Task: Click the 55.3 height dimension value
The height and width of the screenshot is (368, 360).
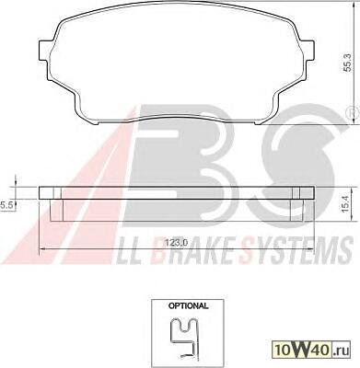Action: click(346, 63)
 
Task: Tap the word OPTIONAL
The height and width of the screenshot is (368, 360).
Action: click(189, 305)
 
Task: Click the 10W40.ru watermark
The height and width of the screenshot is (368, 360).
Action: click(310, 351)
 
